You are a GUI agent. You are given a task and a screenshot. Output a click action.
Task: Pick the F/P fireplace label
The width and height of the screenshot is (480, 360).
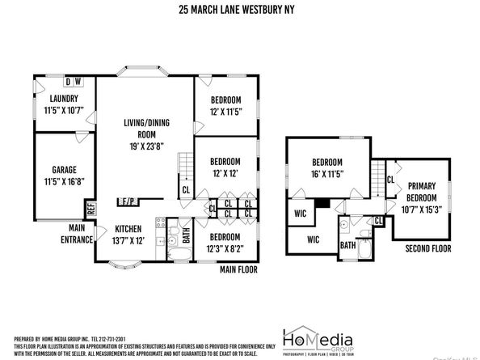coord(128,201)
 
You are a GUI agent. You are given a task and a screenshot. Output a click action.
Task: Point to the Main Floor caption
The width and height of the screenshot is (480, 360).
coord(238,269)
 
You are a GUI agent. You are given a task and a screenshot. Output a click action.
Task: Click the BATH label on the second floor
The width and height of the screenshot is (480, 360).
coord(348,245)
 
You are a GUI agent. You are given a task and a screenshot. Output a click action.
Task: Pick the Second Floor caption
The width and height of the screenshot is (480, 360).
coord(428,248)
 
